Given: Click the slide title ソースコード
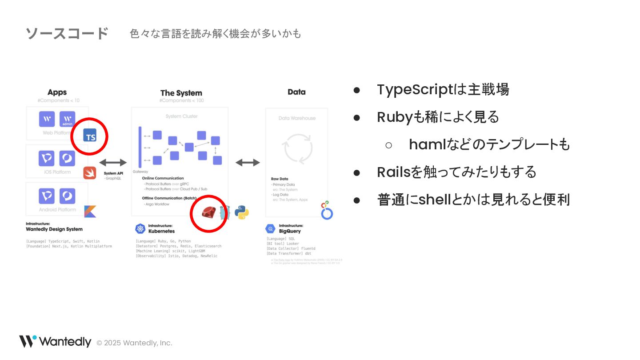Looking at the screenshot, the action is click(67, 33).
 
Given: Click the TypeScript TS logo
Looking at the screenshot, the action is click(90, 135).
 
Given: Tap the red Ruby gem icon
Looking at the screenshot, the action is click(208, 213).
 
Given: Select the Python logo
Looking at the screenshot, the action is click(242, 212).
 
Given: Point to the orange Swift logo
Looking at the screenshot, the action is click(90, 172).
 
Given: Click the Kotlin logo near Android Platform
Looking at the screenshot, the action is click(90, 212).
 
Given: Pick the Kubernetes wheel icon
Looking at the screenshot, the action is click(140, 229).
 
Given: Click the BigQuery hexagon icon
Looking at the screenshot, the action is click(270, 229).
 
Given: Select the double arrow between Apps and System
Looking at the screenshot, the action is click(113, 163).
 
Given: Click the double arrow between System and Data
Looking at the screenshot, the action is click(248, 163).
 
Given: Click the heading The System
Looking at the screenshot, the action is click(181, 93).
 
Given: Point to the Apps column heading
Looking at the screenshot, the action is click(57, 92).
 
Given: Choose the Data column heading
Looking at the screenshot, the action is click(296, 92).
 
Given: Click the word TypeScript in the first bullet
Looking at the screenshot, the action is click(414, 90).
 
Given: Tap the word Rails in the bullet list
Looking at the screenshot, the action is click(393, 172).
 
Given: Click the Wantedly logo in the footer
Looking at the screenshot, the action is click(55, 341).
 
